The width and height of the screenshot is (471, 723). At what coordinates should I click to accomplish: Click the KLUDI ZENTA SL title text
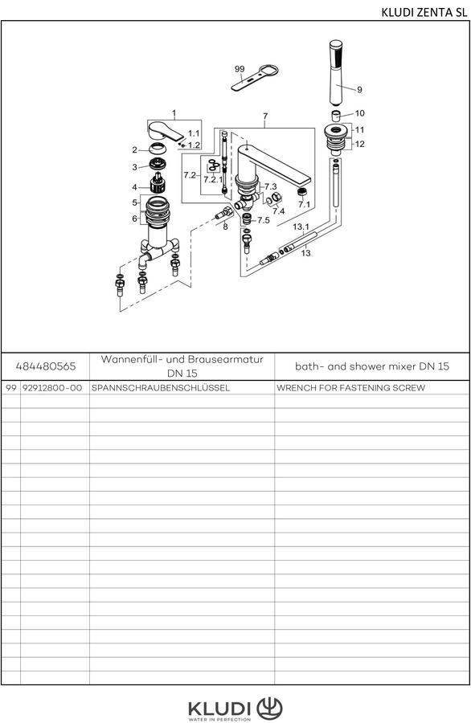click(x=424, y=12)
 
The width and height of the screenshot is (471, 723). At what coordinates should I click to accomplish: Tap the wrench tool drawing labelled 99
click(x=255, y=79)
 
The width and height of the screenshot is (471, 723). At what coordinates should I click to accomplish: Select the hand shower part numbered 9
click(x=336, y=72)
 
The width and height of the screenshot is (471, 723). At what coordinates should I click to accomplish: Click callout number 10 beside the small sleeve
click(x=359, y=113)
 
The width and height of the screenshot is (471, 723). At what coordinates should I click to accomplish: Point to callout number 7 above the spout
click(x=264, y=116)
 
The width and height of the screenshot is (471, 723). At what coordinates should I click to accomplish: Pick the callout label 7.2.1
click(x=213, y=180)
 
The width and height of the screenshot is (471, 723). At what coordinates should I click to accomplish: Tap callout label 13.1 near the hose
click(x=301, y=227)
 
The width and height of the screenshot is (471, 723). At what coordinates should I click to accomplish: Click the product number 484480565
click(x=46, y=366)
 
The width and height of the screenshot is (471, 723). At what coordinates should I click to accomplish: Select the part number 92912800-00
click(x=52, y=388)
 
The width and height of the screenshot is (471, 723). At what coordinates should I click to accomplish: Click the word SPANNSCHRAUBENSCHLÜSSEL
click(x=161, y=388)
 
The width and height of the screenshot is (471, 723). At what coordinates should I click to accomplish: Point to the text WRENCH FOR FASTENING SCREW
click(x=350, y=388)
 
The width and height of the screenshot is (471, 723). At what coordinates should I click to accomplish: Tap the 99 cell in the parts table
click(x=11, y=388)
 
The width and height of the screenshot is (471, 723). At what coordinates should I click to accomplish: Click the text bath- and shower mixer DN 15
click(x=372, y=366)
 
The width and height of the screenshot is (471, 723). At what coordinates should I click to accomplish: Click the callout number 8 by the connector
click(x=225, y=227)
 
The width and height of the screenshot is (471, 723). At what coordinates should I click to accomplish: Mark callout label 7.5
click(x=264, y=220)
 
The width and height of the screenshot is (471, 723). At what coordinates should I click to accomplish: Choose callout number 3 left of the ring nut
click(x=135, y=167)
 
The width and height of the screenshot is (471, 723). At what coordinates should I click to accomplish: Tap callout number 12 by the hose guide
click(x=360, y=144)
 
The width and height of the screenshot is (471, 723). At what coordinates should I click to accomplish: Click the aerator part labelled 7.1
click(x=302, y=192)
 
